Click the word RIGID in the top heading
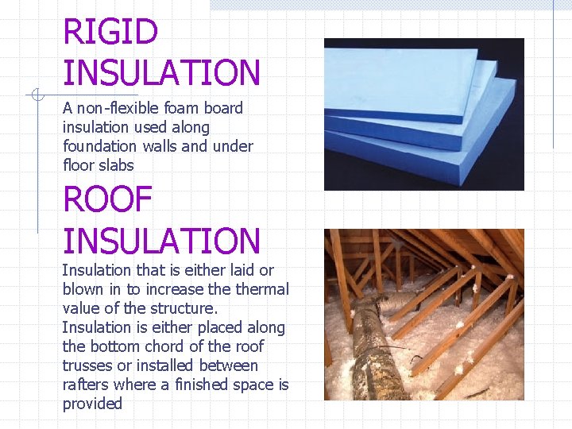pyautogui.click(x=110, y=33)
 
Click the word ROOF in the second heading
pyautogui.click(x=107, y=199)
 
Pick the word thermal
pyautogui.click(x=263, y=289)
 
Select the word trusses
pyautogui.click(x=87, y=365)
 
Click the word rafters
pyautogui.click(x=86, y=385)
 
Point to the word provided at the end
pyautogui.click(x=92, y=404)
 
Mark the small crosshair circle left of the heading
pyautogui.click(x=37, y=95)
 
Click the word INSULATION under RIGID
pyautogui.click(x=161, y=74)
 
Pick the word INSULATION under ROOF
pyautogui.click(x=161, y=241)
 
